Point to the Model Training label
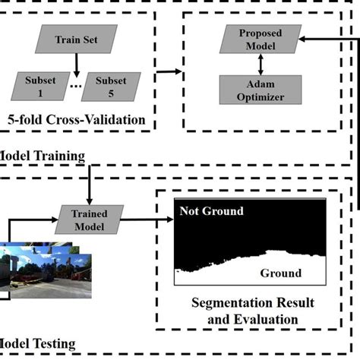coord(42,156)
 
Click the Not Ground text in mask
coord(212,211)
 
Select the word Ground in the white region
coord(280,273)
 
